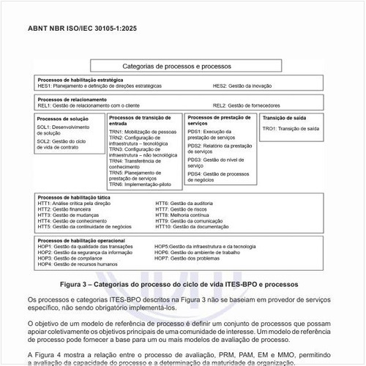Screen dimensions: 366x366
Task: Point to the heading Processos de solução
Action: pos(62,118)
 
